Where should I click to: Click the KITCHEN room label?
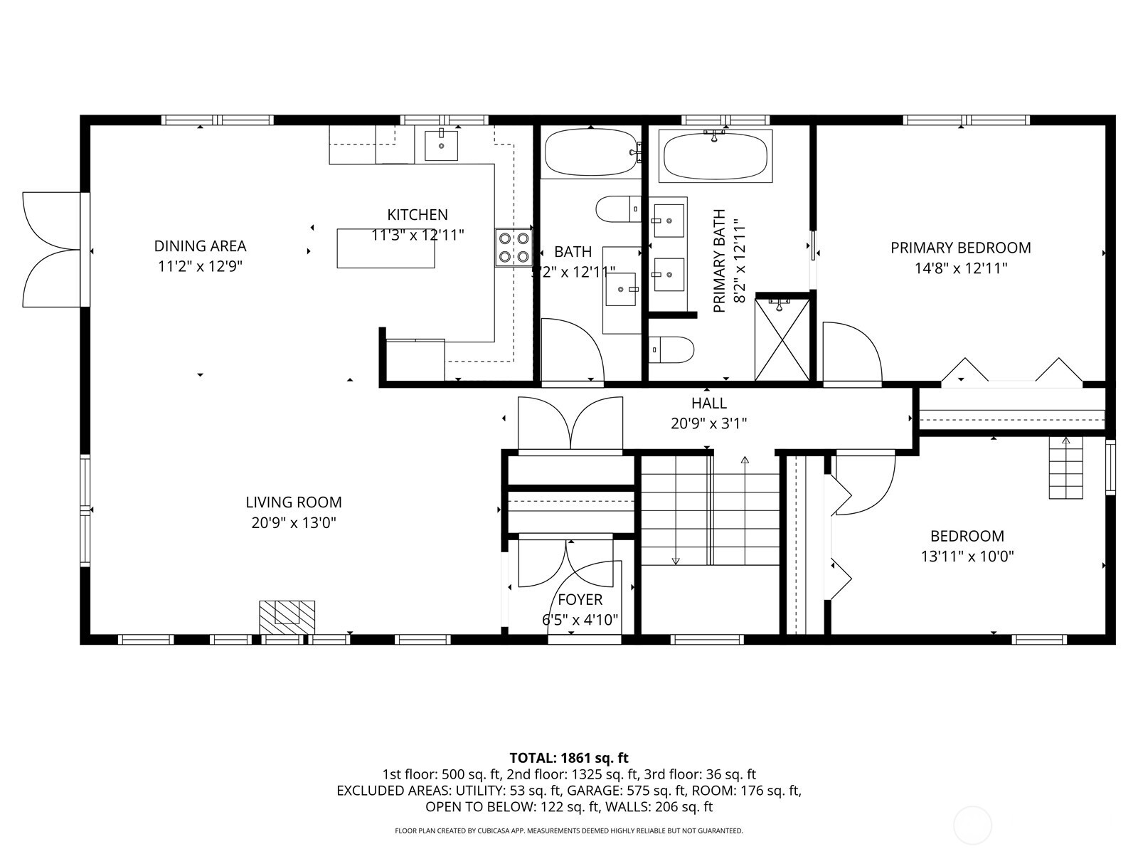pos(418,214)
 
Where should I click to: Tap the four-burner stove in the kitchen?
pos(514,248)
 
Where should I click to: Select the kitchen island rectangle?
pos(385,248)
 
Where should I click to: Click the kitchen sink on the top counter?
pos(442,145)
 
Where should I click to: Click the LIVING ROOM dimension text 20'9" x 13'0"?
pos(294,523)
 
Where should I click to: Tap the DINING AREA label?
pos(200,246)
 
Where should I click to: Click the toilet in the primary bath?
pos(672,349)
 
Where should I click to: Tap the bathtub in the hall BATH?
pos(590,152)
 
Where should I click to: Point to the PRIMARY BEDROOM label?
pos(960,248)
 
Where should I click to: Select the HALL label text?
pos(708,404)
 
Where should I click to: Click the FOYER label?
pos(580,600)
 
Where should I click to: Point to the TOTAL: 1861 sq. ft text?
pos(569,758)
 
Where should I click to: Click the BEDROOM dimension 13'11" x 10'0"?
pos(967,557)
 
